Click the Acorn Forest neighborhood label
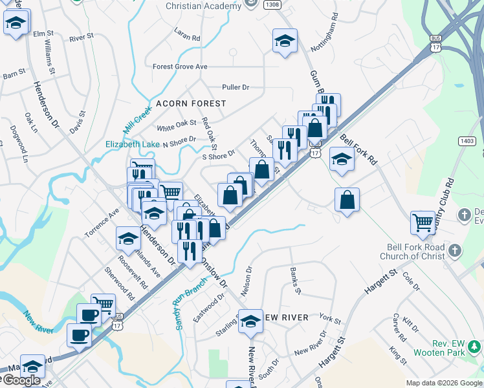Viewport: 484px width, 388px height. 190,103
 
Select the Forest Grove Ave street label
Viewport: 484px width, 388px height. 180,67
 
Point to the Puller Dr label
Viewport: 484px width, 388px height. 236,87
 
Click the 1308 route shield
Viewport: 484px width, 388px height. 273,5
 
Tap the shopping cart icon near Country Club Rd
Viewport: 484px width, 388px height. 422,223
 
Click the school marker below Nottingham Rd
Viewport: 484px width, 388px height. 285,42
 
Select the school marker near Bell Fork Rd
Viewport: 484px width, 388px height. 341,158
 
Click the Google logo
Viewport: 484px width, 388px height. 21,381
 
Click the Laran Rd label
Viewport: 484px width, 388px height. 187,38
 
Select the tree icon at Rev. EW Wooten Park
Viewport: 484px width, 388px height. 475,349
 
